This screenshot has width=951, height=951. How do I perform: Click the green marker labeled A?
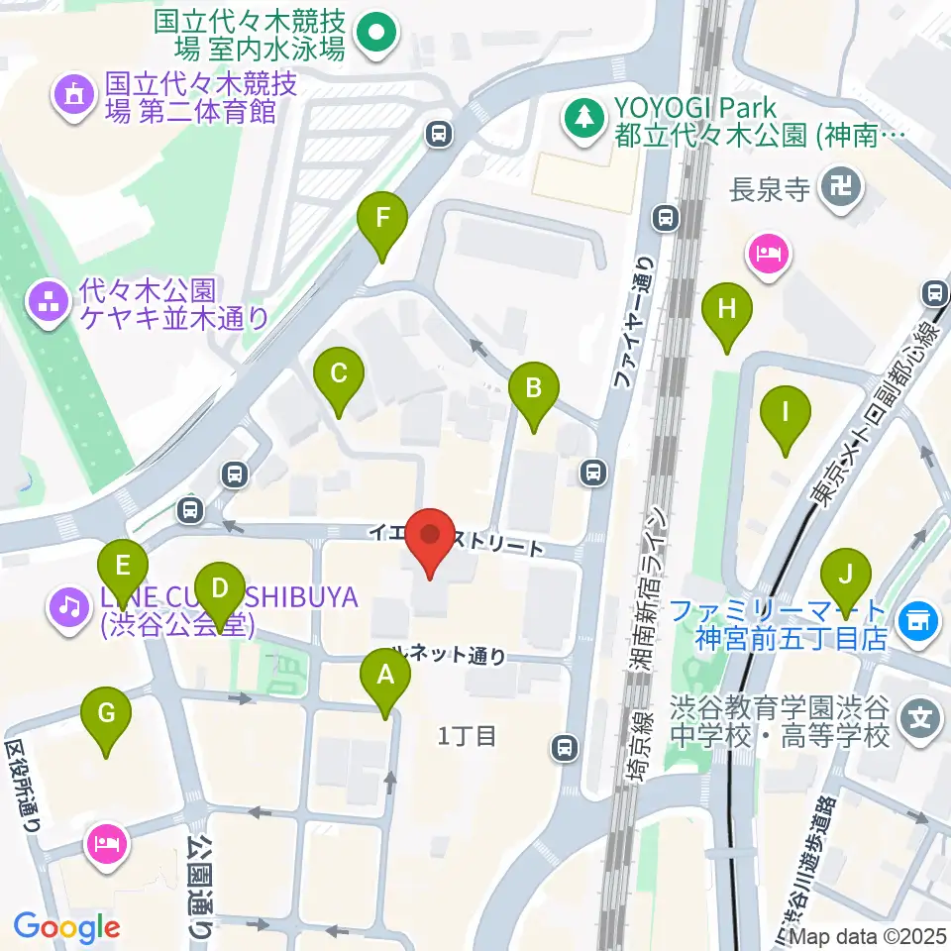[386, 680]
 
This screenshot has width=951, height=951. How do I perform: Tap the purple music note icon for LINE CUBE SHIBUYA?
[68, 603]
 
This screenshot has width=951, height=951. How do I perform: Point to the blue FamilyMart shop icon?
[917, 622]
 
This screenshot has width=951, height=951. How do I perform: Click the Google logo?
[66, 928]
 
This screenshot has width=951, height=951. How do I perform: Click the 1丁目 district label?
[467, 736]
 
